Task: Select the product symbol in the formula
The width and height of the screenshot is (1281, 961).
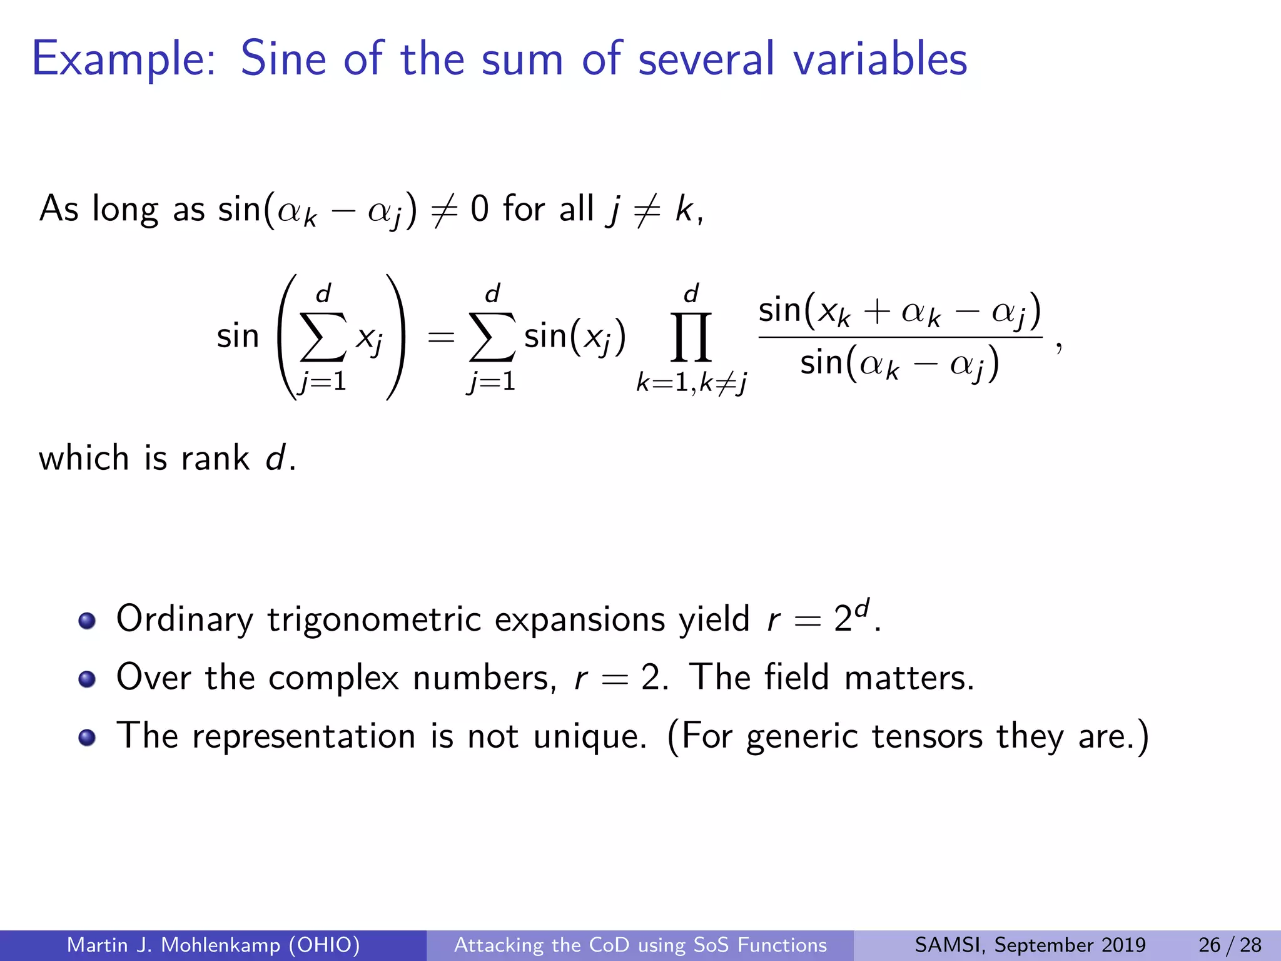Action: [691, 338]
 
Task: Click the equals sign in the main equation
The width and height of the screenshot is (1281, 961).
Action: [440, 338]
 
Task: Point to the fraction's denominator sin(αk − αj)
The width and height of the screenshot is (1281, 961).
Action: [899, 364]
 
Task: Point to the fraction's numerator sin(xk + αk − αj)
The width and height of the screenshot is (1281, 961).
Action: [899, 312]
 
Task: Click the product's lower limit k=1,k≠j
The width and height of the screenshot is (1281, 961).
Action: [691, 382]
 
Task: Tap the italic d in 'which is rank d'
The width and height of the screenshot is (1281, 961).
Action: [276, 458]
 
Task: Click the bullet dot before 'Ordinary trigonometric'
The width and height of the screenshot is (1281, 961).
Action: [87, 621]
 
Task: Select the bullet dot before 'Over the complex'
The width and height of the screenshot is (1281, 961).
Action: [87, 679]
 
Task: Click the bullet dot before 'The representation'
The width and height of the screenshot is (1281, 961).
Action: [87, 737]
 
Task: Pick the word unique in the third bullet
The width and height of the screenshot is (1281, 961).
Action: [588, 737]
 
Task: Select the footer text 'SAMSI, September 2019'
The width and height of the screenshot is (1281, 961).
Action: [1030, 945]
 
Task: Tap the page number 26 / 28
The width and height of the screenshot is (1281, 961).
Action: [1230, 945]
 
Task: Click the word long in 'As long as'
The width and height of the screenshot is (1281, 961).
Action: [125, 210]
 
